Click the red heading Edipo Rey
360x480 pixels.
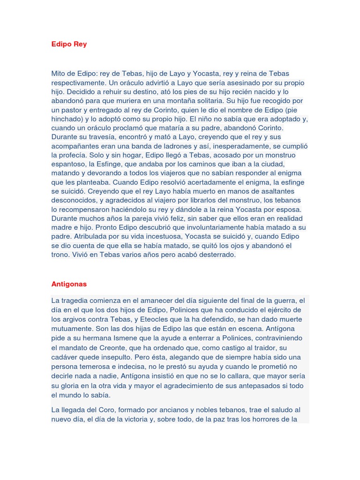(69, 44)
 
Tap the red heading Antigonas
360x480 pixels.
(69, 284)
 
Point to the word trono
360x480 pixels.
(61, 255)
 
